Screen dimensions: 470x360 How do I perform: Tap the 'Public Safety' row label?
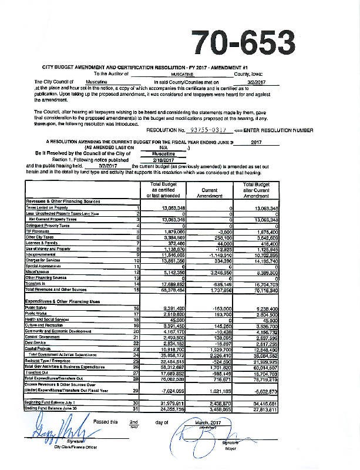click(x=36, y=308)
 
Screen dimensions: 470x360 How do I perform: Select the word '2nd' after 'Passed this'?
click(x=133, y=422)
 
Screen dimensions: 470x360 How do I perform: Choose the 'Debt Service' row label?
click(x=36, y=344)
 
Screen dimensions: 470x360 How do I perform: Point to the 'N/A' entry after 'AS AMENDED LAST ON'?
click(x=156, y=148)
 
